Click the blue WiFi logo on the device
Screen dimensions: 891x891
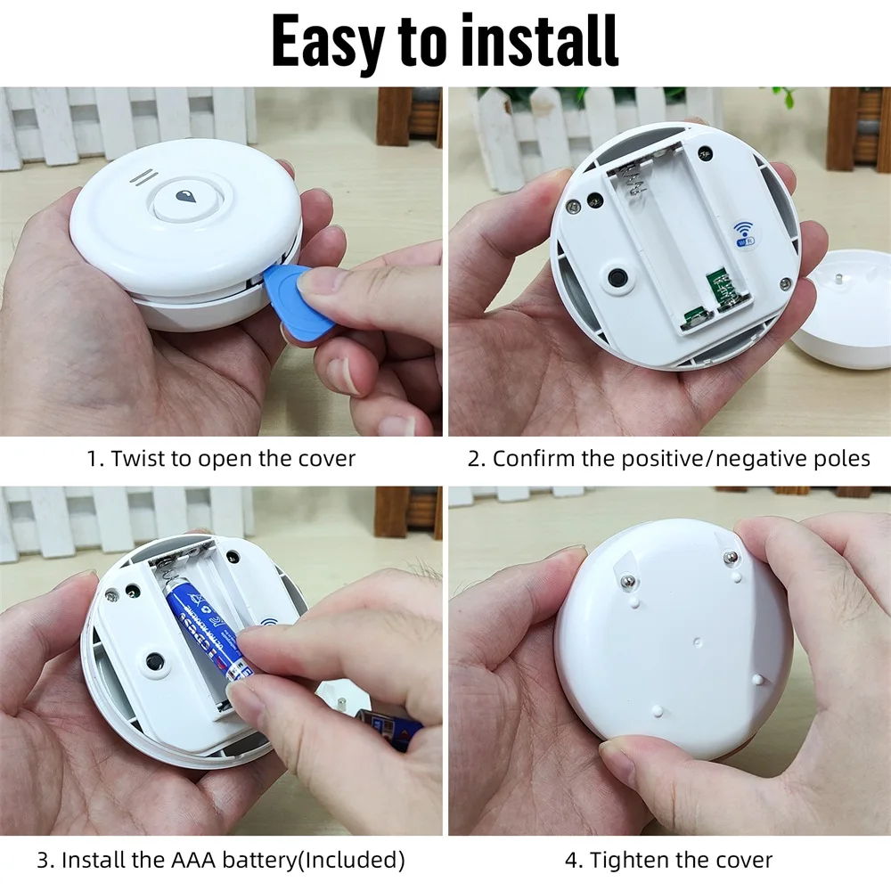(x=741, y=233)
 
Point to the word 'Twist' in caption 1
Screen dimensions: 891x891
(x=138, y=459)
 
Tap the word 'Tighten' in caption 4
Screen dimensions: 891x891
(x=627, y=861)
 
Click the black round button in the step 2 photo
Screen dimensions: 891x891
(x=617, y=278)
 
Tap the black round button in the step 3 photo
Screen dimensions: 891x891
(x=155, y=663)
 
